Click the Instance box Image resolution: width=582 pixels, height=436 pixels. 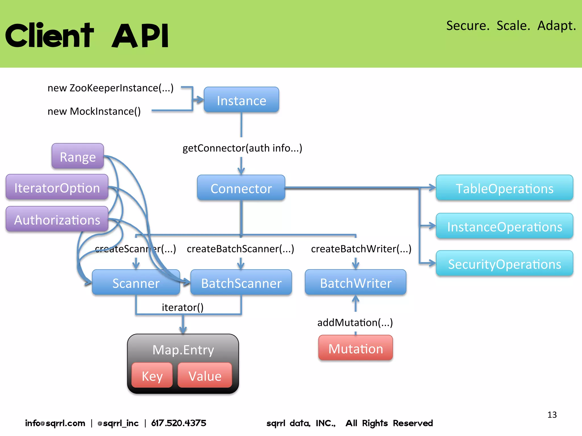pyautogui.click(x=241, y=100)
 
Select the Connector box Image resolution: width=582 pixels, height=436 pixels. pyautogui.click(x=241, y=188)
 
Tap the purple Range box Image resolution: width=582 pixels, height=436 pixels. pyautogui.click(x=78, y=156)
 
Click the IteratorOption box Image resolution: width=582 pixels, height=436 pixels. pyautogui.click(x=57, y=187)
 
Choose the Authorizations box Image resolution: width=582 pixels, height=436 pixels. pyautogui.click(x=57, y=219)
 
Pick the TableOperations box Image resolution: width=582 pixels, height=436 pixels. pyautogui.click(x=504, y=188)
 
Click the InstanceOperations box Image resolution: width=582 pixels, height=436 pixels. pyautogui.click(x=504, y=226)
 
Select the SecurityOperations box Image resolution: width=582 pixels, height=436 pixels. pyautogui.click(x=504, y=263)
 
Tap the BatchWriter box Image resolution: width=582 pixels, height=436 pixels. pyautogui.click(x=356, y=282)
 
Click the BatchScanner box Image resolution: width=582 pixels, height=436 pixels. pyautogui.click(x=241, y=283)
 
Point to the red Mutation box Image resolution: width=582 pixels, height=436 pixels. pyautogui.click(x=356, y=348)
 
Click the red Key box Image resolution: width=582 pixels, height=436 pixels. pyautogui.click(x=152, y=376)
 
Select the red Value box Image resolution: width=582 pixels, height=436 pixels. pyautogui.click(x=205, y=376)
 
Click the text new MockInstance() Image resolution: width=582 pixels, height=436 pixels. pyautogui.click(x=94, y=111)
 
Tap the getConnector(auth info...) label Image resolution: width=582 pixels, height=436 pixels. pyautogui.click(x=242, y=148)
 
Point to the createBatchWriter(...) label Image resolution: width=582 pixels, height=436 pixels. pyautogui.click(x=361, y=249)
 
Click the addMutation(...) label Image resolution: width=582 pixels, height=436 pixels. pyautogui.click(x=355, y=322)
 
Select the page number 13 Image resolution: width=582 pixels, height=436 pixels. pyautogui.click(x=552, y=415)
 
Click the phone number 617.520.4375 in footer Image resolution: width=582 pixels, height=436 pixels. pyautogui.click(x=178, y=423)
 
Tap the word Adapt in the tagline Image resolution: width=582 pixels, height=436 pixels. pyautogui.click(x=556, y=26)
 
